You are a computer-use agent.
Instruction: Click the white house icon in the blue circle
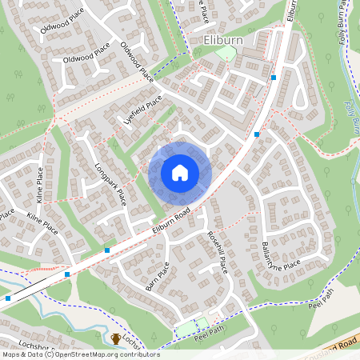point(180,173)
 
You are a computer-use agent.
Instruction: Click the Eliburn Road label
point(170,222)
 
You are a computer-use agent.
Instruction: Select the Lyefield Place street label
point(143,111)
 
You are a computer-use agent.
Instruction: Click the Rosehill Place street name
point(218,250)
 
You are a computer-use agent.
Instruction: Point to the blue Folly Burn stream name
point(351,118)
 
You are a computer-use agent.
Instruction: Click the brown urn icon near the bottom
point(116,339)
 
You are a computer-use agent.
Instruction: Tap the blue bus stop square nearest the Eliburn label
point(274,78)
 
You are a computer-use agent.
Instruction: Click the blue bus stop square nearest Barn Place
point(107,250)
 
